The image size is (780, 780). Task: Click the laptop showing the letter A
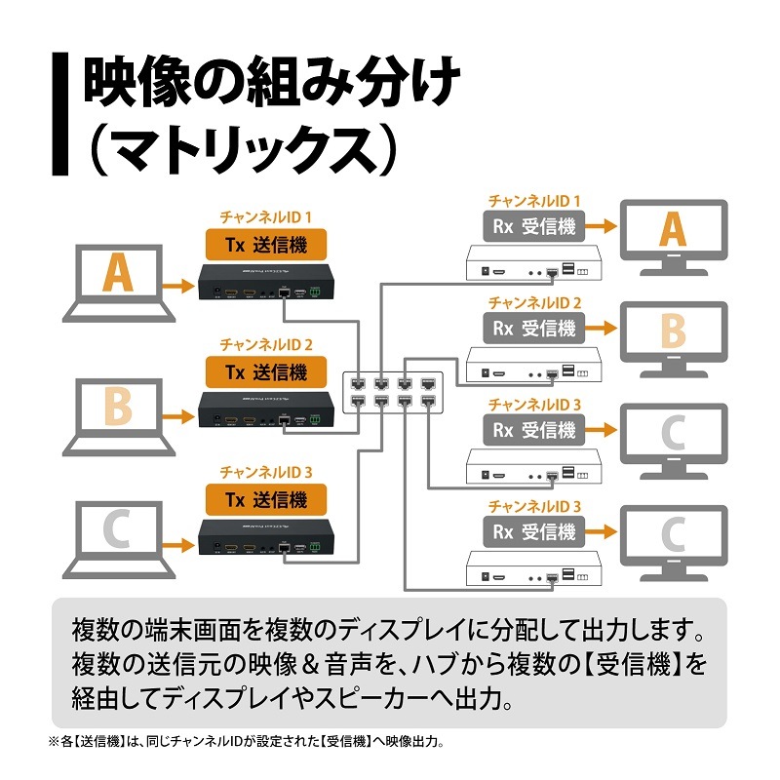pos(119,283)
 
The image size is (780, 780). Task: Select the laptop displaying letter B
pos(119,417)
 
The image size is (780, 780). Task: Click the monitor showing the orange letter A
pos(674,237)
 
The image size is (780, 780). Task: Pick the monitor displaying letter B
pos(674,339)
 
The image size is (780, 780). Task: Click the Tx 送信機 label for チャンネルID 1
pos(266,245)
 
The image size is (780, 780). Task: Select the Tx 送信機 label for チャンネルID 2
pos(266,372)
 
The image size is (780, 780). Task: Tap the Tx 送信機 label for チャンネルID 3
pos(266,499)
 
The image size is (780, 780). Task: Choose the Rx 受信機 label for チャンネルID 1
pos(533,226)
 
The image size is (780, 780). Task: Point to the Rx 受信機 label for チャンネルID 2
pos(533,329)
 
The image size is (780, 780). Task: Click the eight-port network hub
pos(393,392)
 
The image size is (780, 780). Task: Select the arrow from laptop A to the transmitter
pos(178,286)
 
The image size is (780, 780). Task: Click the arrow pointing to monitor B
pos(601,329)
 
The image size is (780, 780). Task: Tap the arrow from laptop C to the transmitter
pos(178,545)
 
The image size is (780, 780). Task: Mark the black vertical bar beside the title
pos(60,113)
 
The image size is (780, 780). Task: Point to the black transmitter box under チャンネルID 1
pos(266,282)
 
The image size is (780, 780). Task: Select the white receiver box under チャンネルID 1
pos(533,262)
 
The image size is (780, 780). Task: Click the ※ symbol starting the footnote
pos(54,742)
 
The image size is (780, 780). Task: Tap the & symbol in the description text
pos(310,665)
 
